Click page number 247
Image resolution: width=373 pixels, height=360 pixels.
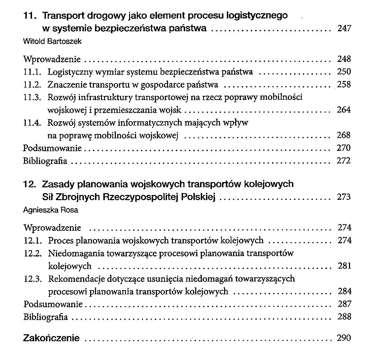(344, 28)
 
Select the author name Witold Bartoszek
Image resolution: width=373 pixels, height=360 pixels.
(52, 41)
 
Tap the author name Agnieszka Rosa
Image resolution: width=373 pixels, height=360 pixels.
(50, 210)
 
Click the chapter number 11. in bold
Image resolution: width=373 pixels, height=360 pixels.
(30, 16)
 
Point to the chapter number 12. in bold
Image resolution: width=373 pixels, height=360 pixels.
(30, 184)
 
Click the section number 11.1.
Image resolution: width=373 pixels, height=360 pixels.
(33, 72)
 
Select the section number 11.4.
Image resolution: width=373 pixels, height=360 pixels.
(33, 123)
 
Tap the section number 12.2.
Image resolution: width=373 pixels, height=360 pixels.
(33, 253)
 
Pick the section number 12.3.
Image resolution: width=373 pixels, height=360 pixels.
(33, 279)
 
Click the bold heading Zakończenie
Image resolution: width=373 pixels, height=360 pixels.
(51, 338)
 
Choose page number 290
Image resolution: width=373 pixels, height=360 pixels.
(344, 338)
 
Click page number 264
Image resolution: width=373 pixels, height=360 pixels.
(344, 110)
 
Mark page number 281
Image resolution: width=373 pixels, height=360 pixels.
(344, 266)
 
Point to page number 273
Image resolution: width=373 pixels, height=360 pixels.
(344, 197)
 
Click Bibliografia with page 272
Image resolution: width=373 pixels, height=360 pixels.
(45, 161)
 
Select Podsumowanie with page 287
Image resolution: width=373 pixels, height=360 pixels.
(53, 304)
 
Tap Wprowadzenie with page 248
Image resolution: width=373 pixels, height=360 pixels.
(52, 59)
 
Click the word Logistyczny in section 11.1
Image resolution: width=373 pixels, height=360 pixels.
(67, 72)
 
